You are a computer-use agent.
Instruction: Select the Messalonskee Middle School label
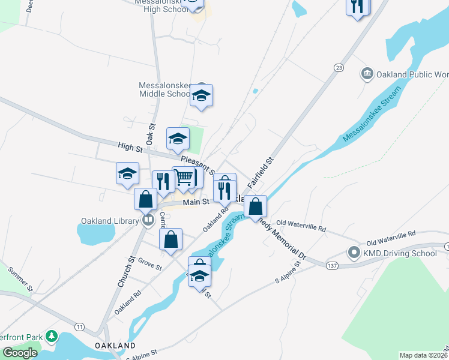tap(165, 89)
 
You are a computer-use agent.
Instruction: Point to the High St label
tap(129, 146)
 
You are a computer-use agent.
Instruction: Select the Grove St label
tap(150, 263)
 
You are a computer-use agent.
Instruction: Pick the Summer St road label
tap(20, 280)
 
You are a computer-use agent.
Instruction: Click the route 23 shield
tap(339, 68)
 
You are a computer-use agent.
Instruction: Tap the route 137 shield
tap(331, 264)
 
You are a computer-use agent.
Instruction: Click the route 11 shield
tap(79, 326)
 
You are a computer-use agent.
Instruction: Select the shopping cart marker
tap(185, 177)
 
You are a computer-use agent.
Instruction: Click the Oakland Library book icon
tap(148, 221)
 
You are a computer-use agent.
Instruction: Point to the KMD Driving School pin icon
tap(354, 253)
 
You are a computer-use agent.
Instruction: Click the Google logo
tap(20, 353)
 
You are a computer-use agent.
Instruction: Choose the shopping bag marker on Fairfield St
tap(256, 206)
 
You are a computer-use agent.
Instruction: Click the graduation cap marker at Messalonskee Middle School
tap(202, 95)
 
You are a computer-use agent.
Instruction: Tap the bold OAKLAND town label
tap(115, 346)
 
